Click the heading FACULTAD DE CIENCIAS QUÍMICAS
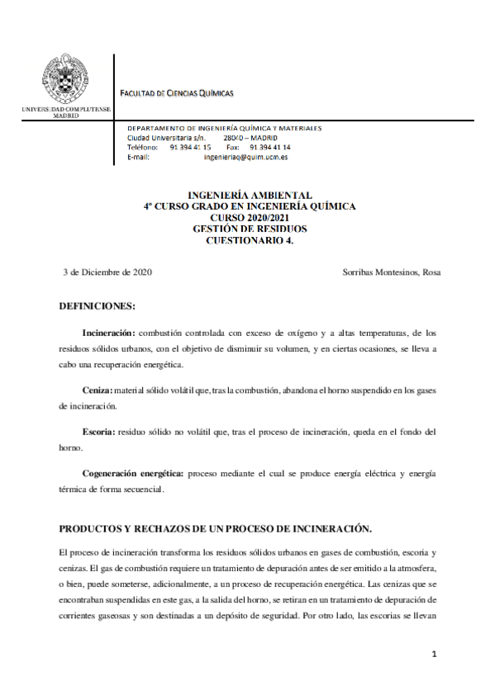[x=178, y=92]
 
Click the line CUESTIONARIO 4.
[x=249, y=240]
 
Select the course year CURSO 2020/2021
[x=249, y=218]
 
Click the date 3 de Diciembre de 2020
[x=107, y=272]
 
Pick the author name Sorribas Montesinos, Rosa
[x=391, y=272]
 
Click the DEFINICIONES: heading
[x=97, y=306]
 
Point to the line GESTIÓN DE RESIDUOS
[x=249, y=229]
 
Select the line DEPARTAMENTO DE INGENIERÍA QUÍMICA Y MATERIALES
[x=224, y=128]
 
